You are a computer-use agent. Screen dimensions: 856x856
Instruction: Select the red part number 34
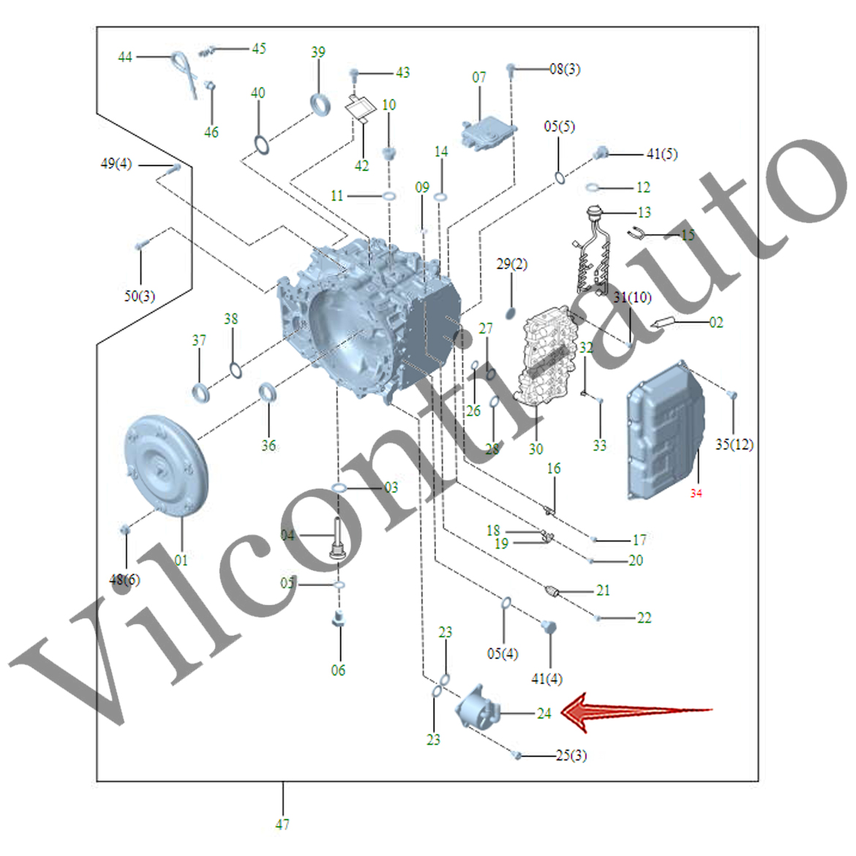[696, 493]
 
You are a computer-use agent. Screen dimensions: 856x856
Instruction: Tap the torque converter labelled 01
[167, 466]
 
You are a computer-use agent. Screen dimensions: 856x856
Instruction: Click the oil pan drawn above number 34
[664, 431]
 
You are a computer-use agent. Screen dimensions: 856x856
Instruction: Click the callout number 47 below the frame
[282, 825]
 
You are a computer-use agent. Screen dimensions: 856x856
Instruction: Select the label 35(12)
[734, 444]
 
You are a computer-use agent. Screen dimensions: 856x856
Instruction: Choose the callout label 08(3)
[565, 70]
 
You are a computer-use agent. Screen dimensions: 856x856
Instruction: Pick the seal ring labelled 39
[320, 103]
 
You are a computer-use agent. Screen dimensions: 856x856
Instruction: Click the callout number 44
[125, 56]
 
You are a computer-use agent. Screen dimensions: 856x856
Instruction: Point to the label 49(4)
[116, 163]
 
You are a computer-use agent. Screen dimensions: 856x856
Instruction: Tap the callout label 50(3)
[139, 296]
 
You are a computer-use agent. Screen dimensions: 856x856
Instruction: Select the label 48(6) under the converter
[124, 579]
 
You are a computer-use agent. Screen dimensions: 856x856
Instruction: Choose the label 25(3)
[571, 755]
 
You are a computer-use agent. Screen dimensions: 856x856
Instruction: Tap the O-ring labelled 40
[260, 145]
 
